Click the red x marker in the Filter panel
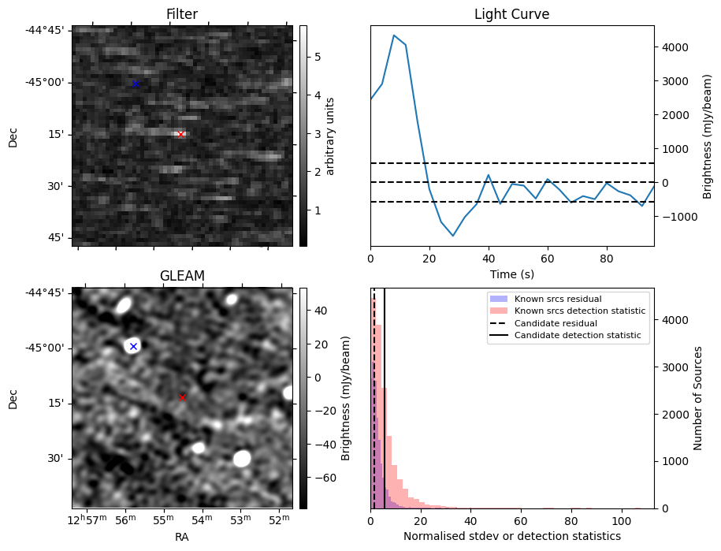180,134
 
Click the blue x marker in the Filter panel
136,84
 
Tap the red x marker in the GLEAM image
182,397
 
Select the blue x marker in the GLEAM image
133,346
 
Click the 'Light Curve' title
511,14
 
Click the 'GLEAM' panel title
182,276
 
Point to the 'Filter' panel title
182,14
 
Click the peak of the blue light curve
394,35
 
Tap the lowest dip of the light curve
453,235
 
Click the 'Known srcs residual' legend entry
557,299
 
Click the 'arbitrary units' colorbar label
331,136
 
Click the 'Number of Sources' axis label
698,398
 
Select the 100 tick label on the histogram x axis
622,520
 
